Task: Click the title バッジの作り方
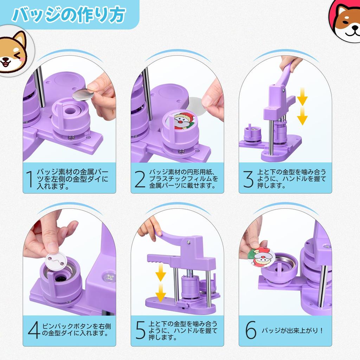[69, 15]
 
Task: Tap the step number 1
[30, 179]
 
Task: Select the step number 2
[140, 179]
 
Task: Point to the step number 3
[248, 179]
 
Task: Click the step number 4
[34, 330]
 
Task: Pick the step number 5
[140, 330]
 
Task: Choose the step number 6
[251, 330]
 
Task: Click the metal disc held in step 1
[83, 94]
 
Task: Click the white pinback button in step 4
[56, 261]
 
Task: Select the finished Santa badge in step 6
[261, 256]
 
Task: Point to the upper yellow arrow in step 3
[302, 97]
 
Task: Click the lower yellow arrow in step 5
[160, 292]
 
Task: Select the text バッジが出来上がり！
[292, 330]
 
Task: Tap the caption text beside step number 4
[76, 330]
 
